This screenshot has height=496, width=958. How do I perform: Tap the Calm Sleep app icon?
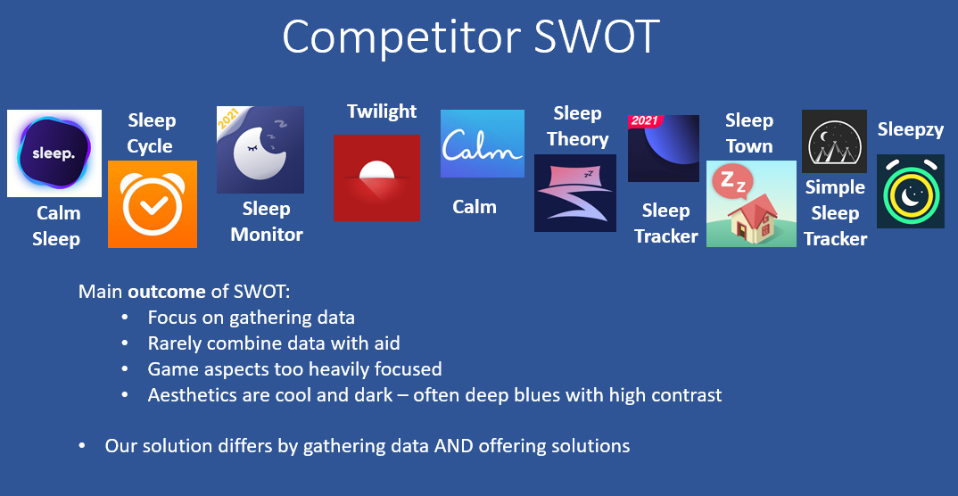pyautogui.click(x=54, y=153)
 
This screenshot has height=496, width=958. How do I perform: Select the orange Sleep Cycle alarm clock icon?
pyautogui.click(x=152, y=204)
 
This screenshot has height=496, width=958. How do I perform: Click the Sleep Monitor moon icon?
pyautogui.click(x=260, y=150)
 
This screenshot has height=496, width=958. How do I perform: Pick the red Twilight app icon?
pyautogui.click(x=376, y=178)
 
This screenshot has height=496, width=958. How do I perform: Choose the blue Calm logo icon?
pyautogui.click(x=482, y=144)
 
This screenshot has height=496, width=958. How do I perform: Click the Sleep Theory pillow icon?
pyautogui.click(x=574, y=193)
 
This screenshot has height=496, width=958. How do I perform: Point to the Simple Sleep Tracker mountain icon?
pyautogui.click(x=834, y=141)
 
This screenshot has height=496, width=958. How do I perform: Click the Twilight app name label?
pyautogui.click(x=382, y=112)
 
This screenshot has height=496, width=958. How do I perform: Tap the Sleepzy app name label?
pyautogui.click(x=910, y=129)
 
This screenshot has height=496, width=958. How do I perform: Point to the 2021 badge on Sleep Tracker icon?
pyautogui.click(x=644, y=121)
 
